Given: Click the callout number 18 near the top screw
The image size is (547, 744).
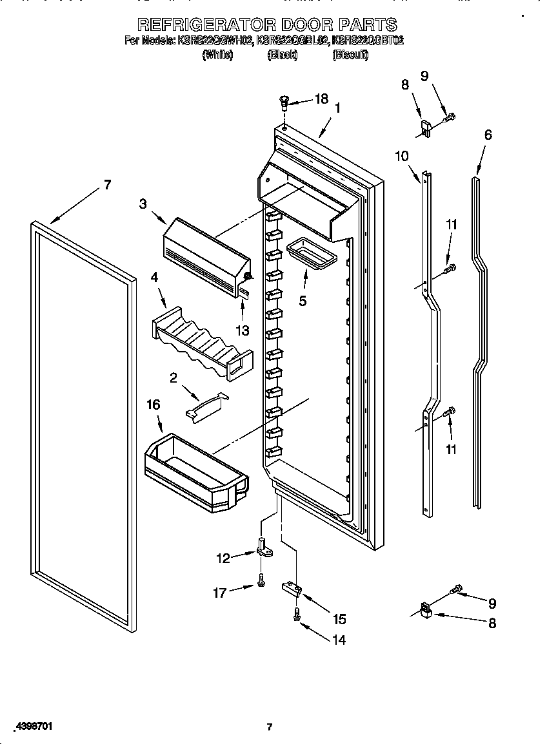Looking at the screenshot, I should point(321,99).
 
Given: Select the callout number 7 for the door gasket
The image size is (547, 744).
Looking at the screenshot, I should point(107,185).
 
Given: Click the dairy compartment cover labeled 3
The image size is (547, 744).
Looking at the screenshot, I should point(205,254).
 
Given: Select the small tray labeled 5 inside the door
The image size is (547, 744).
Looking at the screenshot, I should point(311,252).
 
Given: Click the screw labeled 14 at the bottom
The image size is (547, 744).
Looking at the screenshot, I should point(296,615).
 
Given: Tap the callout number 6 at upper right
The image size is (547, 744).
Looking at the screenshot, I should point(488,135).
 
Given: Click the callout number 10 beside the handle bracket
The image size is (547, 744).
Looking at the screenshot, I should point(401,155).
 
